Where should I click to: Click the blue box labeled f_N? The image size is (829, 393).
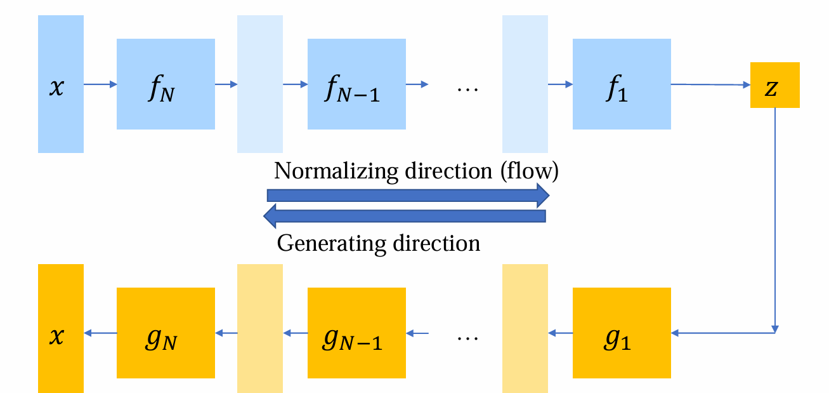166,84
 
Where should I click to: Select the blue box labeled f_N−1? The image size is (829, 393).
356,84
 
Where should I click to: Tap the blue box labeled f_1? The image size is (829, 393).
622,84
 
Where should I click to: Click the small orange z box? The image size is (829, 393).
774,85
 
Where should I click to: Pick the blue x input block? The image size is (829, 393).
61,84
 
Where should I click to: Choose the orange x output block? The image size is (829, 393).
61,328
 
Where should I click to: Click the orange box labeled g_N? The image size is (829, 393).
166,332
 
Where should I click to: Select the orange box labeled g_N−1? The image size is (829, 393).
356,332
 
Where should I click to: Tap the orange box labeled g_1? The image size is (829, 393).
622,332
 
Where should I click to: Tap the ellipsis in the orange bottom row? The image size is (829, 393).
467,337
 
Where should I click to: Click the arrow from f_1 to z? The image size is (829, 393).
710,84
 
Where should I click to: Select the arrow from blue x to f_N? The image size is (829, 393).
100,84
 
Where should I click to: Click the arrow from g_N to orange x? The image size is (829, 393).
100,332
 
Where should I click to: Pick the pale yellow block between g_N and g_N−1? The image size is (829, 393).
260,328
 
